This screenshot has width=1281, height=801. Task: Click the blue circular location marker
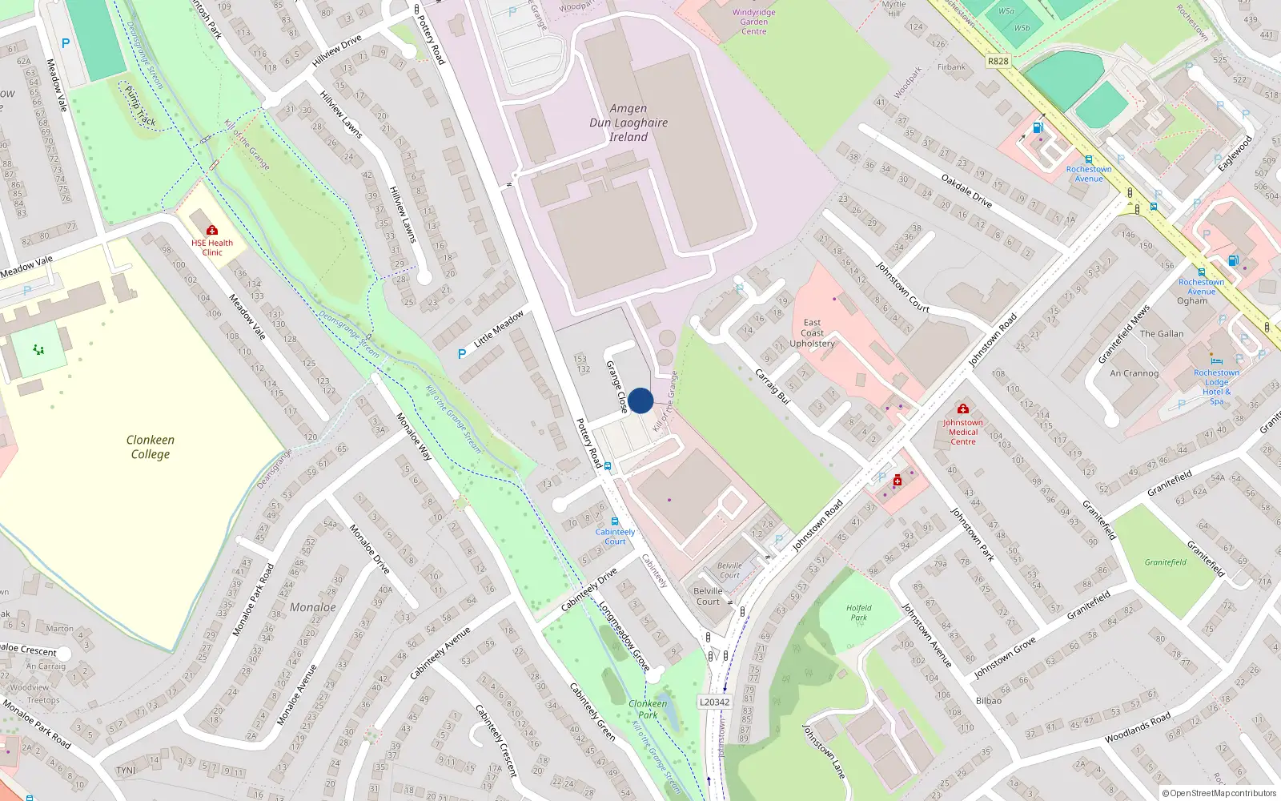point(640,400)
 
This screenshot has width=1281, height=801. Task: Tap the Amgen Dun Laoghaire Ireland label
point(628,123)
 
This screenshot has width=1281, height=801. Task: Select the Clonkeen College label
point(150,447)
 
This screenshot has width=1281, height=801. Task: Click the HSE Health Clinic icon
point(212,231)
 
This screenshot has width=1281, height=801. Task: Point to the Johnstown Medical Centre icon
point(963,409)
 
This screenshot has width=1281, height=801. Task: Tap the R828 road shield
point(998,61)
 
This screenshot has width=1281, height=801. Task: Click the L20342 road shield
point(714,702)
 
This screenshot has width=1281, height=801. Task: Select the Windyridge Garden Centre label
point(753,22)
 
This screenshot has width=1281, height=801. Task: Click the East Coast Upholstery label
point(812,333)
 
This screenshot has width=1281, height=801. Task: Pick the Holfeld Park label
point(858,613)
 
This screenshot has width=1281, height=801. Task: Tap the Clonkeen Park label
point(648,709)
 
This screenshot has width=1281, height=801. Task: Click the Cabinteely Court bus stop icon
point(615,521)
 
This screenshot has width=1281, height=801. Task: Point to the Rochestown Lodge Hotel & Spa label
point(1216,386)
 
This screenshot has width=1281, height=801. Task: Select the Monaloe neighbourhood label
point(313,607)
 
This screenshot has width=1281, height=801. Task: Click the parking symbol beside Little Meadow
point(462,354)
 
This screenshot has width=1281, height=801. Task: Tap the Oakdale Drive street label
point(966,191)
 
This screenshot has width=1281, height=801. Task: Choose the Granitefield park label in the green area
point(1165,562)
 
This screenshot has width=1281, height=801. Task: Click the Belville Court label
point(708,596)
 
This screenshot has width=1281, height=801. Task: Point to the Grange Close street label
point(616,387)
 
